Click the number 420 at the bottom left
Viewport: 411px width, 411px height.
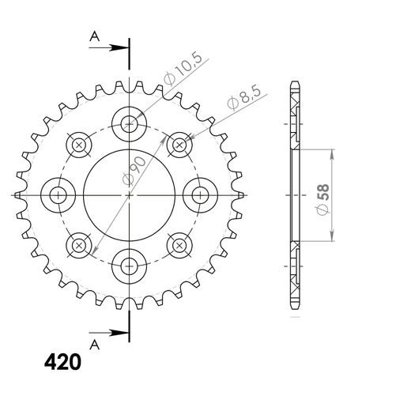pos(60,363)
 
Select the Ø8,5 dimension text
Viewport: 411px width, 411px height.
pos(237,100)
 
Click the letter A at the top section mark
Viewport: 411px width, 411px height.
pos(95,36)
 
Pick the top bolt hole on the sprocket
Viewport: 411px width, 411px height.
pos(129,123)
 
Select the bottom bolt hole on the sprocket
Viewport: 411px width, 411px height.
pos(129,265)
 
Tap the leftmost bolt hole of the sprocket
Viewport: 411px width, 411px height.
pos(58,194)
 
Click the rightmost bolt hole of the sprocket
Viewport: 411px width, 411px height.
pos(200,194)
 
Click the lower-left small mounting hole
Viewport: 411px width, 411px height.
pos(78,244)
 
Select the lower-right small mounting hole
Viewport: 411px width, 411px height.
pos(179,244)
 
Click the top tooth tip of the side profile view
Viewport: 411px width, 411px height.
pos(295,82)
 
